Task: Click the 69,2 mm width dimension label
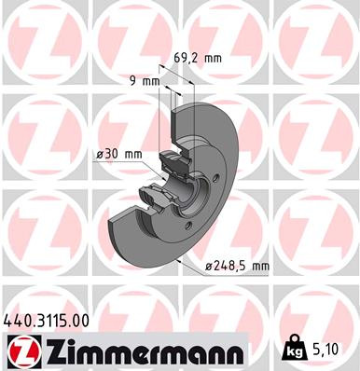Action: pos(199,58)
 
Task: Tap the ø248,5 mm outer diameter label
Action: pos(237,267)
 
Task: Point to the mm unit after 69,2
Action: pos(213,58)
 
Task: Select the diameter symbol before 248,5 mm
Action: pos(210,267)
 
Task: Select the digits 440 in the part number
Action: pos(18,320)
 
